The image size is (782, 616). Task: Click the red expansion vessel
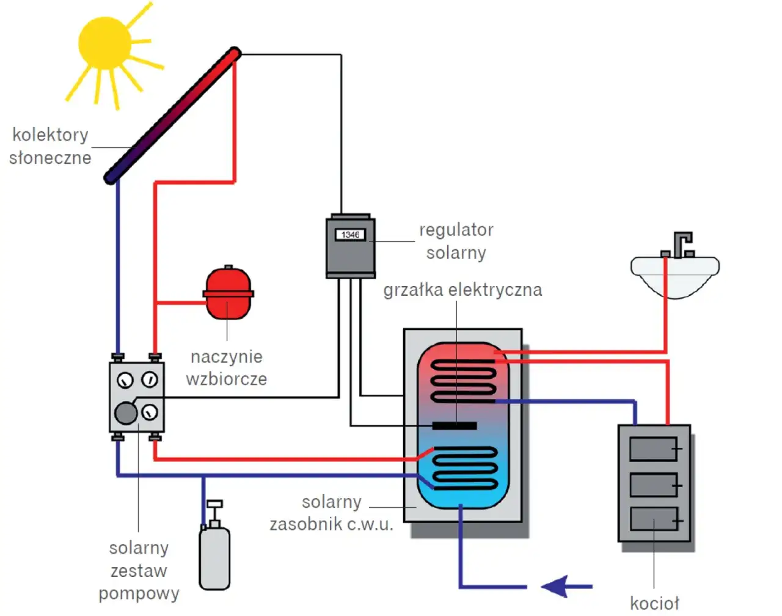point(228,293)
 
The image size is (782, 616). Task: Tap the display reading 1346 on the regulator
point(350,235)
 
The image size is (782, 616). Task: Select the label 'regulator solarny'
point(456,241)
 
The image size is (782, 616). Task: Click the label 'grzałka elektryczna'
point(462,290)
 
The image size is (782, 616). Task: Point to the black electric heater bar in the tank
point(455,425)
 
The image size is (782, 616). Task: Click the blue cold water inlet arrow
point(565,587)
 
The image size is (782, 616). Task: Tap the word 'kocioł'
point(654,603)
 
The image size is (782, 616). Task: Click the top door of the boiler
point(653,449)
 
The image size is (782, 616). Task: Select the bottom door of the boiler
point(653,519)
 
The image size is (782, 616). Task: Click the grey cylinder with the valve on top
point(214,556)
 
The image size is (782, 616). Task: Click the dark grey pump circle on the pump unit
point(126,413)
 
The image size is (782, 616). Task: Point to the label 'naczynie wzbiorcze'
point(227,368)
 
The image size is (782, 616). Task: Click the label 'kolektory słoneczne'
point(50,146)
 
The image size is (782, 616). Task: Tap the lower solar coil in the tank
point(464,468)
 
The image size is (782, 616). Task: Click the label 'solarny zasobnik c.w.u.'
point(331,513)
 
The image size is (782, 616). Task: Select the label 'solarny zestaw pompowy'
point(139,571)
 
